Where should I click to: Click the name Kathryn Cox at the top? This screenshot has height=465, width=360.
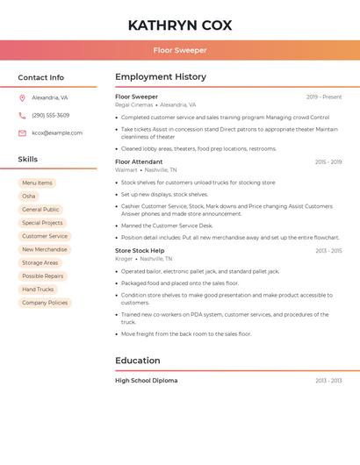point(180,25)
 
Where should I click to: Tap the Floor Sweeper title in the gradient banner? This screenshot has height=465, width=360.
point(180,50)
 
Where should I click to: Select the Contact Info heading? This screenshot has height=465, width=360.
point(41,77)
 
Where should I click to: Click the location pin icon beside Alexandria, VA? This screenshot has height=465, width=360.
point(22,97)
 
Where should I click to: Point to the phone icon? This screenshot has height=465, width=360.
point(22,115)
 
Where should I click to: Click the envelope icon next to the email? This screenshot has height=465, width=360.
point(22,132)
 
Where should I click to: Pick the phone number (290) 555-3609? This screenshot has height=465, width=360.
point(51,115)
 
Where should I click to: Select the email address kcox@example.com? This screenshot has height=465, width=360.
point(57,132)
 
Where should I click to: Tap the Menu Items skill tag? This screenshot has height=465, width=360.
point(37,183)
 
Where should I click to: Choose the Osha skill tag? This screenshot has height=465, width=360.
point(29,197)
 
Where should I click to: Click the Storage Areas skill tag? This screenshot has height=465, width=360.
point(40,262)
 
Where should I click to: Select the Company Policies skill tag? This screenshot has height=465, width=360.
point(45,303)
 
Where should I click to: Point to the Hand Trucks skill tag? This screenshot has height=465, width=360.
point(38,290)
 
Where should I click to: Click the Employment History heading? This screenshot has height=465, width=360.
point(161,76)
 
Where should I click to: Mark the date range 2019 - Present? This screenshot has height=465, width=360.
point(324,97)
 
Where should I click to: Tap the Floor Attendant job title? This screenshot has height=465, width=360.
point(139,161)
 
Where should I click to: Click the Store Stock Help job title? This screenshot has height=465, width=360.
point(140,251)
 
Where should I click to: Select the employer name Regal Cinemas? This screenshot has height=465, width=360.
point(133,104)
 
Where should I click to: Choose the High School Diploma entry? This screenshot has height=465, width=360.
point(146,381)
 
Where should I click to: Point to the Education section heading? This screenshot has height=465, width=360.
point(138,361)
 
